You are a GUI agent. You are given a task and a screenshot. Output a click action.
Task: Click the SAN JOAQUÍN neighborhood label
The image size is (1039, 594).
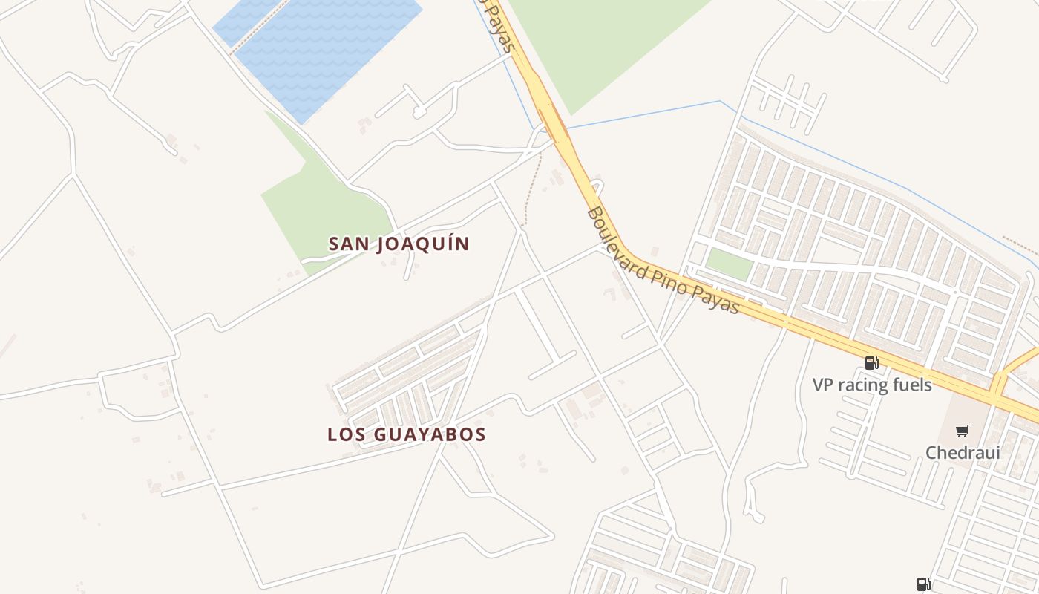tap(399, 244)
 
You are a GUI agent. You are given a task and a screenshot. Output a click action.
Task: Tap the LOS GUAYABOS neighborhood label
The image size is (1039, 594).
tap(407, 434)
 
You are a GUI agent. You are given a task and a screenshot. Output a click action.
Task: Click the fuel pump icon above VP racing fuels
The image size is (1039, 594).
tap(872, 363)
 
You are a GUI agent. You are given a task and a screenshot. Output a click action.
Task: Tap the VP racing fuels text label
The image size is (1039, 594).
tap(872, 385)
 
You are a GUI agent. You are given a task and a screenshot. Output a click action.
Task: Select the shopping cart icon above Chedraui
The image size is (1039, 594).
tap(963, 431)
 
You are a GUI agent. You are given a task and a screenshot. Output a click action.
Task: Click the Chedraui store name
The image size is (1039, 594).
tap(963, 452)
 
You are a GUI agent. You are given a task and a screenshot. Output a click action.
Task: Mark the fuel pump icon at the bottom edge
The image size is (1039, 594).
tap(923, 584)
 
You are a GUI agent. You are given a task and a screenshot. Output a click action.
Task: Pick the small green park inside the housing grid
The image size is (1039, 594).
tap(729, 264)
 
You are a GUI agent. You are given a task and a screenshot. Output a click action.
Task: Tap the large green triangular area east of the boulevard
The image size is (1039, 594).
tap(601, 45)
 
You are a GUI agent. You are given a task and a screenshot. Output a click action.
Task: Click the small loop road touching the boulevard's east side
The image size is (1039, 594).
tap(597, 186)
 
